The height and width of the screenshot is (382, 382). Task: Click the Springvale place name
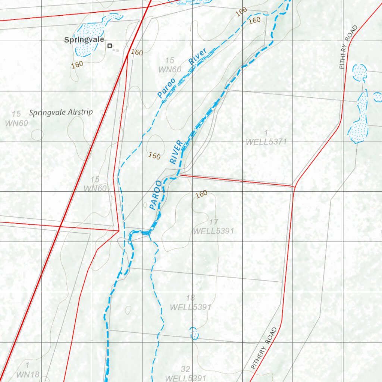click(x=84, y=40)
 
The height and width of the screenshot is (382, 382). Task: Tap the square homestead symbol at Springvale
click(x=109, y=46)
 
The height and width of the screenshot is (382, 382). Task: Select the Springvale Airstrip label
click(x=61, y=112)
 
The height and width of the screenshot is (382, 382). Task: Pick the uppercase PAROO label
click(x=156, y=195)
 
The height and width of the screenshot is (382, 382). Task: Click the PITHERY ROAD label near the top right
click(x=348, y=47)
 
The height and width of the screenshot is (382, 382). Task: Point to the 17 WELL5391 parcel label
click(x=213, y=227)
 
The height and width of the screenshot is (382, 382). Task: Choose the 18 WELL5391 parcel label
click(x=191, y=303)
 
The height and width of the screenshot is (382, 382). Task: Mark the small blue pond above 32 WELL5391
click(x=194, y=333)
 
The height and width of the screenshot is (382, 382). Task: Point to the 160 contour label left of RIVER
click(x=154, y=156)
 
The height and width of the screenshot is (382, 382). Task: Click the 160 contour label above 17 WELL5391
click(x=201, y=194)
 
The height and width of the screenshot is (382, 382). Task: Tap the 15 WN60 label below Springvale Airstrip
click(x=95, y=184)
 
